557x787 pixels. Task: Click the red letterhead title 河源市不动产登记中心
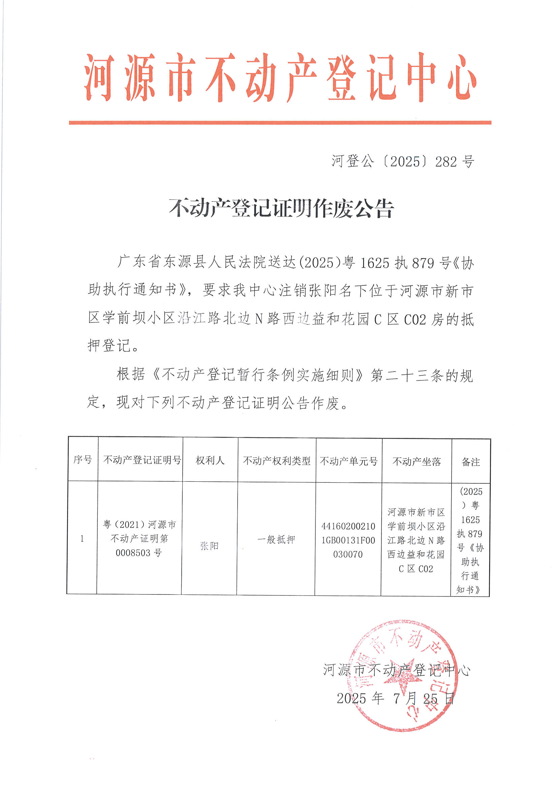(280, 78)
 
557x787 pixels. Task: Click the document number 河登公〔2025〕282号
(403, 162)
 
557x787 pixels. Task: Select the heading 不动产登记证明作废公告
(281, 208)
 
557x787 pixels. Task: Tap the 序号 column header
(83, 460)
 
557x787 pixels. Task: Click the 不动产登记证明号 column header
(142, 460)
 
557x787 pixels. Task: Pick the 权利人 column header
(210, 460)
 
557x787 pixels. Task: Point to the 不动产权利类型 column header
(277, 461)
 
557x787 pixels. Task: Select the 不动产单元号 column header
(349, 461)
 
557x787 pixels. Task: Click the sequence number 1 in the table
(82, 539)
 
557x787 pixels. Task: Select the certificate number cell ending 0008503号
(140, 539)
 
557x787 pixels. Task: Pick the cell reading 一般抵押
(276, 540)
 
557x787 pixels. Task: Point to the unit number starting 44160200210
(348, 540)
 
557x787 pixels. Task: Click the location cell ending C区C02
(416, 541)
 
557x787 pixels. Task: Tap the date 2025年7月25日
(395, 698)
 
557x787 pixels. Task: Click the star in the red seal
(400, 677)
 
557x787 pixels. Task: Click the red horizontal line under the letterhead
(280, 123)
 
